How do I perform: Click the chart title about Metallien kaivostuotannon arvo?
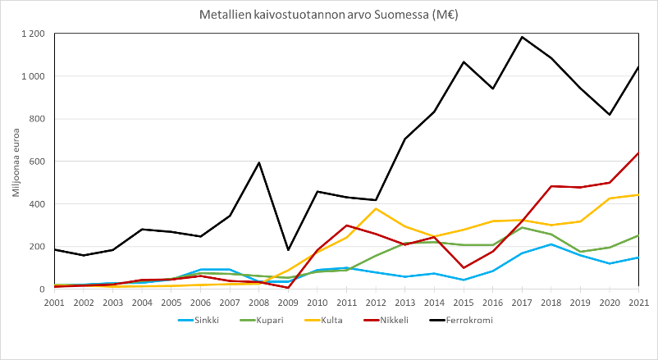(x=328, y=15)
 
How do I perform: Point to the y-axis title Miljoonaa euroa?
(x=16, y=161)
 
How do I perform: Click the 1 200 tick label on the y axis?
(x=33, y=34)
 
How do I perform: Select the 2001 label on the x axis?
(x=54, y=302)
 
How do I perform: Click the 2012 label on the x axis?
(x=376, y=302)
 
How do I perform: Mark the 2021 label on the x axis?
(x=639, y=302)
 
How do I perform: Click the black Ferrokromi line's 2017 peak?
(x=522, y=37)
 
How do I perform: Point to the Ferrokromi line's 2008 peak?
(x=258, y=162)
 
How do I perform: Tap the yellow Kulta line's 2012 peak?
(x=376, y=208)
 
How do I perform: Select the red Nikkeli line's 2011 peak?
(x=346, y=226)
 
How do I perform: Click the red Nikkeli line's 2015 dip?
(x=464, y=267)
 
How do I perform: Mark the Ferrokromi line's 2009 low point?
(x=288, y=250)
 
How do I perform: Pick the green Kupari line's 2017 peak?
(x=522, y=227)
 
